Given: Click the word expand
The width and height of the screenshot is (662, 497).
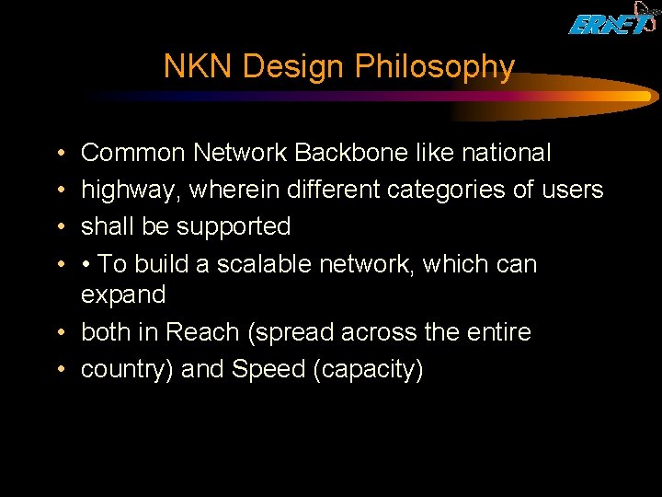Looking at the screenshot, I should point(123,295).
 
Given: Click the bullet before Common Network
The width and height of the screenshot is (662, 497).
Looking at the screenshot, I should point(60,154).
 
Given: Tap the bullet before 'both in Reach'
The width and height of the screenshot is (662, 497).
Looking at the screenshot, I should point(60,332).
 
